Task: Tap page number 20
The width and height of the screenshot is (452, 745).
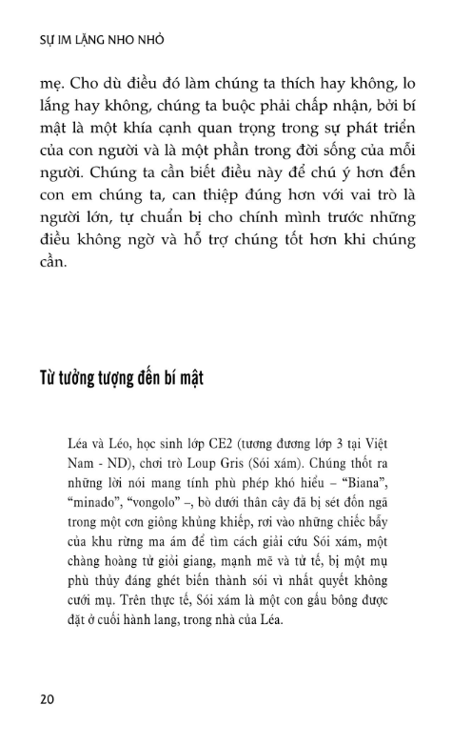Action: click(x=47, y=697)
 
